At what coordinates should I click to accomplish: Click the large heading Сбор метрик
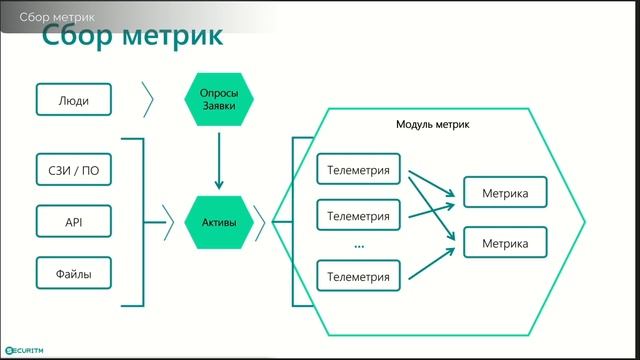tap(131, 39)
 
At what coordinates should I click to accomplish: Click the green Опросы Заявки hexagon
tap(219, 100)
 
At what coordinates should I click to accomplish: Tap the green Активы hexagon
tap(219, 221)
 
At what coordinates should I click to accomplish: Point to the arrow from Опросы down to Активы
tap(219, 160)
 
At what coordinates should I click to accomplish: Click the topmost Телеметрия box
tap(358, 170)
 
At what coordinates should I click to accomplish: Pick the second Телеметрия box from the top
tap(358, 215)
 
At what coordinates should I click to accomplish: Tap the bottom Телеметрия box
tap(358, 275)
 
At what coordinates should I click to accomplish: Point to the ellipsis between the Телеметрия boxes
tap(358, 245)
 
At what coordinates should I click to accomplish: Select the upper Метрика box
tap(505, 192)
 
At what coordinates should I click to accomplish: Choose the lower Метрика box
tap(505, 243)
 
